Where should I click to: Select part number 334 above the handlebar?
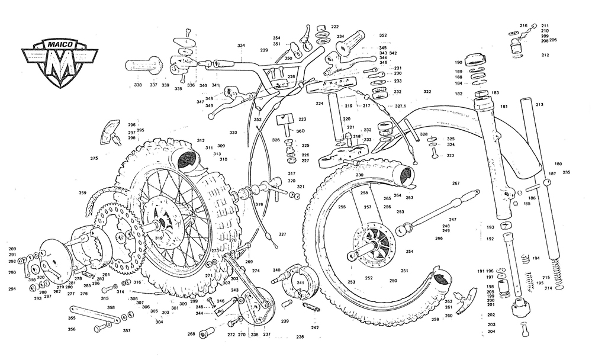241,46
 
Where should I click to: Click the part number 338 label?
138,85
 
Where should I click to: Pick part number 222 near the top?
335,27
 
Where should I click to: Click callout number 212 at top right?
545,55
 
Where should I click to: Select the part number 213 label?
539,105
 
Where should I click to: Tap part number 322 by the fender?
427,92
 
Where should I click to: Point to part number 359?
82,192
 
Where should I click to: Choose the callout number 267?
456,183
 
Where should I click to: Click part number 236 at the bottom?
300,337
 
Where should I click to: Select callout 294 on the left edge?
12,289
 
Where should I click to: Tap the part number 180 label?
558,164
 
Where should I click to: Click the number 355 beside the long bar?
72,318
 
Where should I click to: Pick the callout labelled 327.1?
401,106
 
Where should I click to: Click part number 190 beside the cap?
458,62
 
